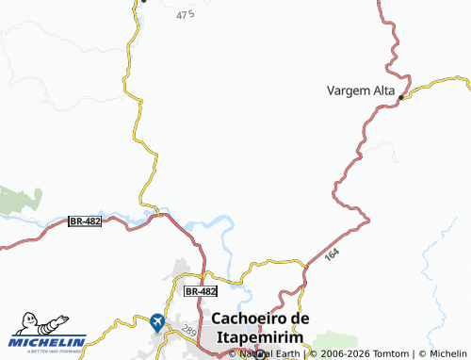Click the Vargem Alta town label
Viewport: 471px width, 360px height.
[361, 90]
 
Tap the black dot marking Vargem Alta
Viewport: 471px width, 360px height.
[400, 97]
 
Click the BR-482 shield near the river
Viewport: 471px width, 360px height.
[85, 221]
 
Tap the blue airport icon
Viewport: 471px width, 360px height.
[157, 322]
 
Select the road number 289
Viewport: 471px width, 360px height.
[187, 331]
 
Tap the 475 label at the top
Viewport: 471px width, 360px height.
[185, 15]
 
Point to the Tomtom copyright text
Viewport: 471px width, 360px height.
[350, 353]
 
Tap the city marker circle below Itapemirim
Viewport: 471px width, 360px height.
[260, 354]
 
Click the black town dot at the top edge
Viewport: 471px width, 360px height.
[144, 1]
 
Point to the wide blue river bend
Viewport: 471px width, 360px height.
[213, 224]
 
